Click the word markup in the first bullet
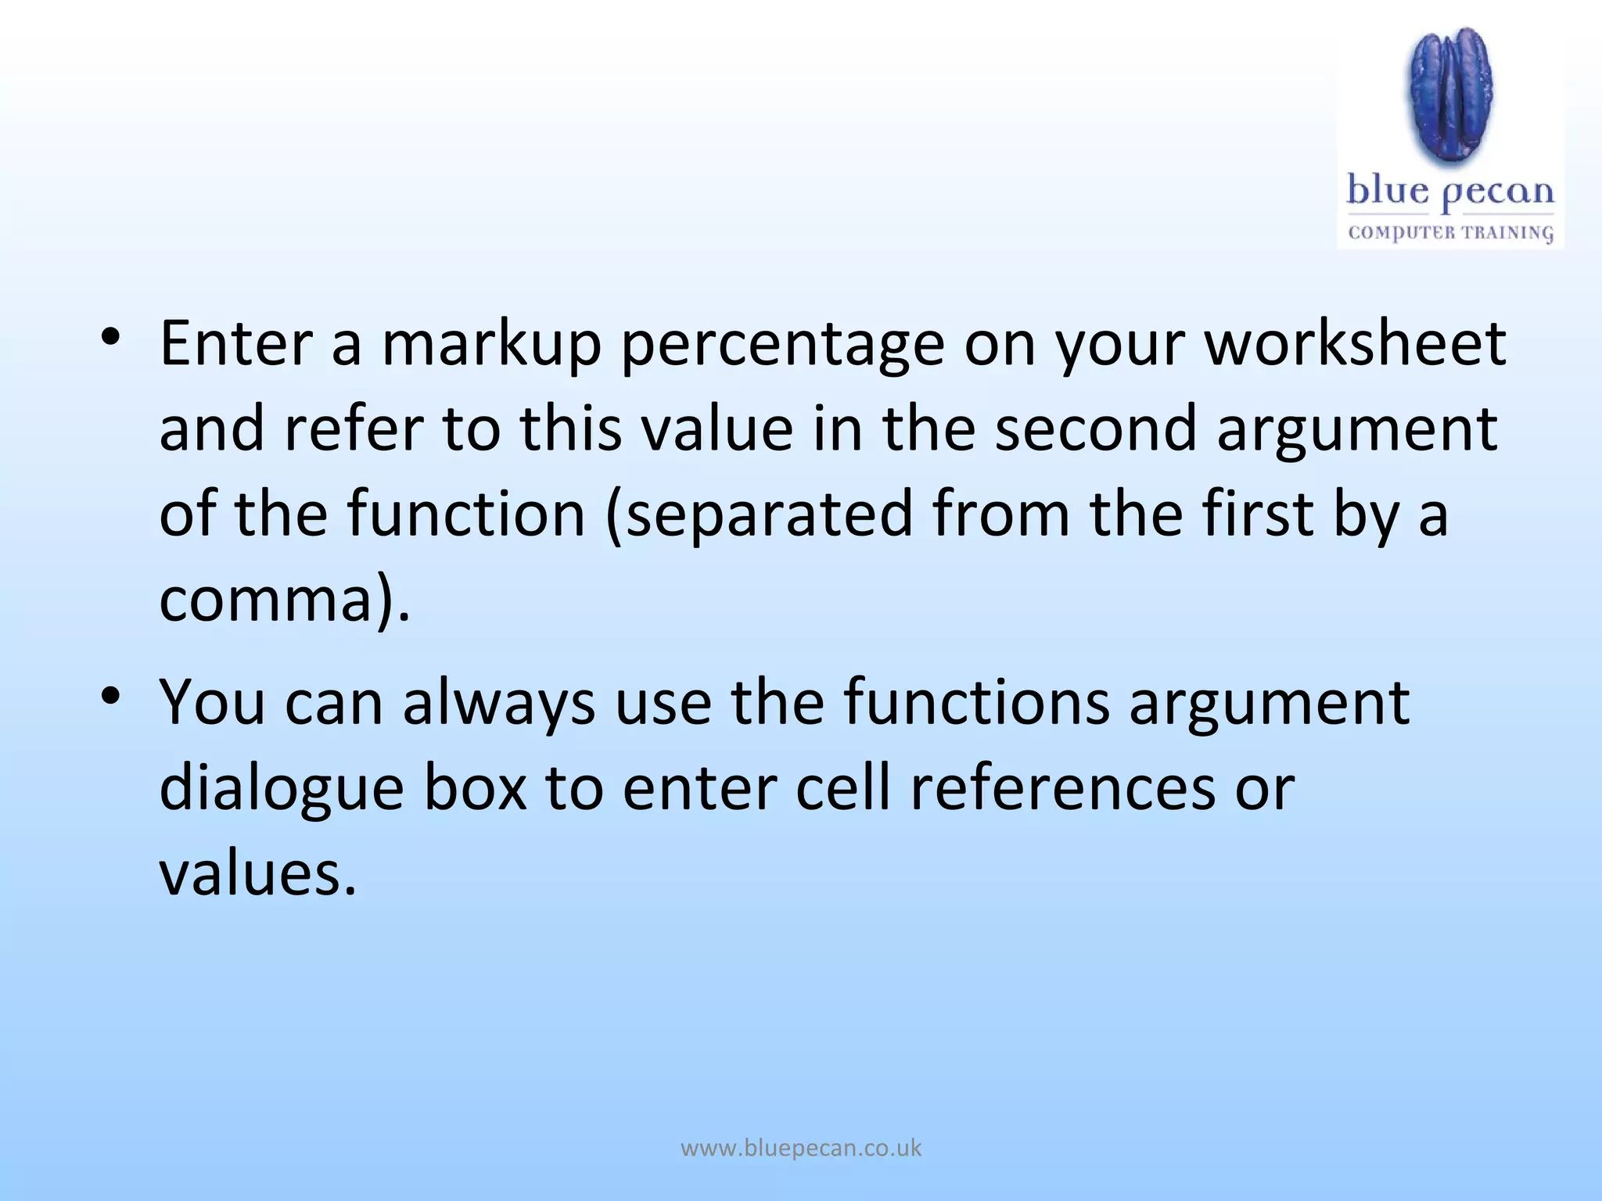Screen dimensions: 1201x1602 (x=491, y=344)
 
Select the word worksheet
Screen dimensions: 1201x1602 (x=1355, y=344)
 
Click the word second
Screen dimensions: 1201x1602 (x=1096, y=429)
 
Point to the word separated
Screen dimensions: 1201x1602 (x=770, y=516)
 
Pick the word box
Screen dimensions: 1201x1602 (x=476, y=787)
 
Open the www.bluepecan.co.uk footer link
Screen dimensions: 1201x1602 (x=801, y=1149)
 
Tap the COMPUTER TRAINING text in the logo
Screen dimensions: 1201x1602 (x=1450, y=232)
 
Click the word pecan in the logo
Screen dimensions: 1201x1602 (x=1498, y=193)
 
